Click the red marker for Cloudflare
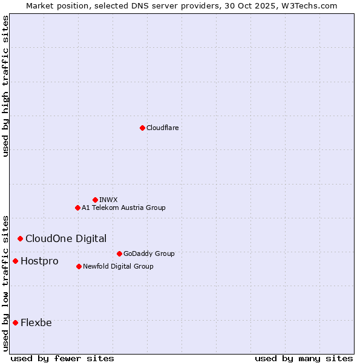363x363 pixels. (142, 128)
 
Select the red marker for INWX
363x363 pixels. (95, 200)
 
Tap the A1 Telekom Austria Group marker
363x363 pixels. (77, 208)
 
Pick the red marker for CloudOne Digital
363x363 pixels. (20, 238)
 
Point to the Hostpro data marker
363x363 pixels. (15, 261)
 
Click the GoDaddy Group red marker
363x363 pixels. (119, 253)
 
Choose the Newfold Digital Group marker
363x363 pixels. (79, 266)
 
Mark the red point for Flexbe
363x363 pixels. (15, 322)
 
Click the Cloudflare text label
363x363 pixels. (163, 128)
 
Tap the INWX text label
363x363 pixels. (108, 200)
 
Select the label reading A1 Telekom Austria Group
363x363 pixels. (123, 208)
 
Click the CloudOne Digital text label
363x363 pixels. (66, 238)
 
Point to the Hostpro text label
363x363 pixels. (39, 261)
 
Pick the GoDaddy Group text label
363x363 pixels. (149, 253)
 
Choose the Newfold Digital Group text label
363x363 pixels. (118, 266)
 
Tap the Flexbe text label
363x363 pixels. (36, 322)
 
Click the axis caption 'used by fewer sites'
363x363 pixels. (62, 358)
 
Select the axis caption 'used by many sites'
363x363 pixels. (304, 358)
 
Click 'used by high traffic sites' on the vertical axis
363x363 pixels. (6, 86)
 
